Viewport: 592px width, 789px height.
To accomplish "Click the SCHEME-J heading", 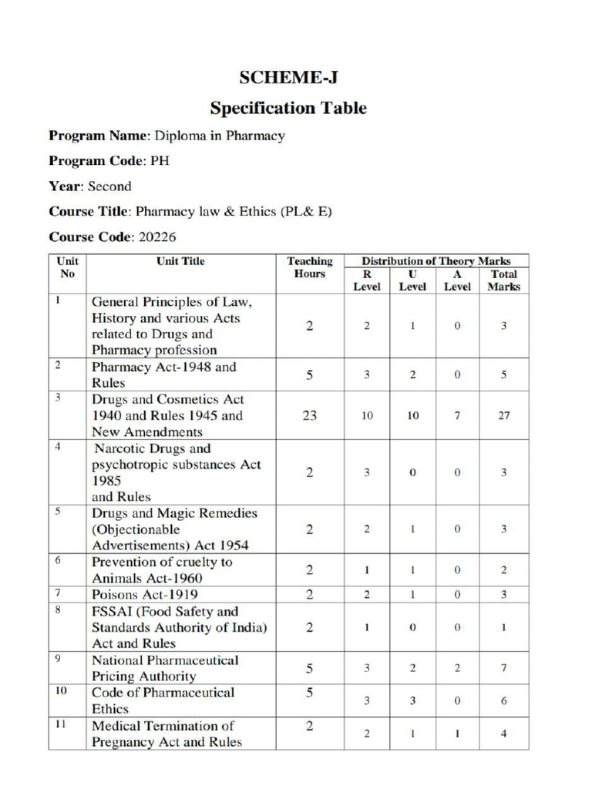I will coord(288,77).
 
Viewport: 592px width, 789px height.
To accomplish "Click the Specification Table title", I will coord(288,108).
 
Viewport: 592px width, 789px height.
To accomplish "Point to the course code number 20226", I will coord(157,237).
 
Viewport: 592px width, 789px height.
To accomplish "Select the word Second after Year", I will coord(110,186).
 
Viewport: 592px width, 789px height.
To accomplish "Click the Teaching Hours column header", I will coord(309,267).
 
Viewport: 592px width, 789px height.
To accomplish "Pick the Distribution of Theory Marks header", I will coord(436,261).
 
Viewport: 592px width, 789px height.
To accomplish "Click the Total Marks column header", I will coord(503,280).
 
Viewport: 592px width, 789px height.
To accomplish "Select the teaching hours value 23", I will coord(309,415).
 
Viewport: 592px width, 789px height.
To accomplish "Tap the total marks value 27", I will coord(503,415).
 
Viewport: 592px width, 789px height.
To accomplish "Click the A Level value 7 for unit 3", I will coord(457,415).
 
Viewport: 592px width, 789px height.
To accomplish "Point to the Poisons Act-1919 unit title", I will coord(144,594).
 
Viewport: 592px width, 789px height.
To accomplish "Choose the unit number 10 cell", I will coord(61,691).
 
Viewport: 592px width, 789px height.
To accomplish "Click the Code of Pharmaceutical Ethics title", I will coord(163,700).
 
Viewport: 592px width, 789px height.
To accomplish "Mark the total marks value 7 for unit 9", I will coord(503,668).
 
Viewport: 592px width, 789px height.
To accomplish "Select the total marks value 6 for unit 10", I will coord(503,700).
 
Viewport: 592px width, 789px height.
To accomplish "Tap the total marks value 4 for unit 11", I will coord(503,734).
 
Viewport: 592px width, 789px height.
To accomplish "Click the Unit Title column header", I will coord(180,261).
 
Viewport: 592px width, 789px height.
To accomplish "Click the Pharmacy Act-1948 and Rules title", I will coord(163,374).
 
